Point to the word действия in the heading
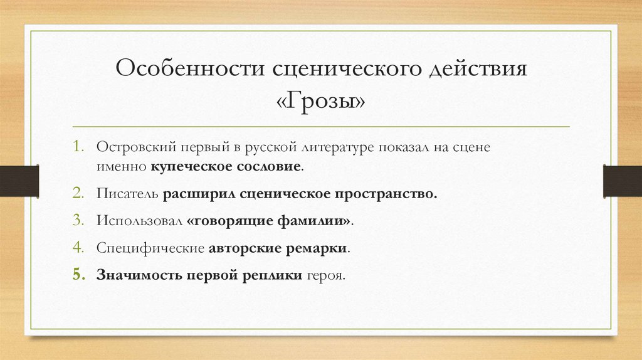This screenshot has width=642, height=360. (x=477, y=68)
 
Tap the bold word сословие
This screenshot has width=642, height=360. (x=267, y=167)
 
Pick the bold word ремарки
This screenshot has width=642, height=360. (x=317, y=248)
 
